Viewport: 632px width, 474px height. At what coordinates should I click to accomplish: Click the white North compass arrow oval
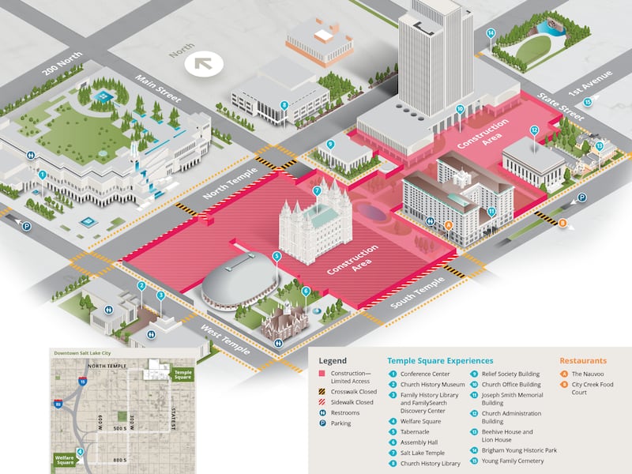pyautogui.click(x=205, y=62)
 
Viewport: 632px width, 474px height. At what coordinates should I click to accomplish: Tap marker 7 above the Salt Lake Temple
pyautogui.click(x=317, y=190)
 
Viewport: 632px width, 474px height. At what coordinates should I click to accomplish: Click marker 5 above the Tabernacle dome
pyautogui.click(x=276, y=256)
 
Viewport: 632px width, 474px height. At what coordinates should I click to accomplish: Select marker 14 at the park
pyautogui.click(x=491, y=33)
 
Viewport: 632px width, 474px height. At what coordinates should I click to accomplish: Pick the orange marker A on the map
pyautogui.click(x=449, y=225)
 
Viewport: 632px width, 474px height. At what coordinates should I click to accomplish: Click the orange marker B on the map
pyautogui.click(x=562, y=224)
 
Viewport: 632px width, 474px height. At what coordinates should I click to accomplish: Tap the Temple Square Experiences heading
pyautogui.click(x=440, y=360)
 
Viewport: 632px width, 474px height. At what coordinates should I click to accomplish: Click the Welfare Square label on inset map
pyautogui.click(x=66, y=458)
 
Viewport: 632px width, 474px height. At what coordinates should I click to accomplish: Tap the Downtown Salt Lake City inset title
pyautogui.click(x=85, y=353)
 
